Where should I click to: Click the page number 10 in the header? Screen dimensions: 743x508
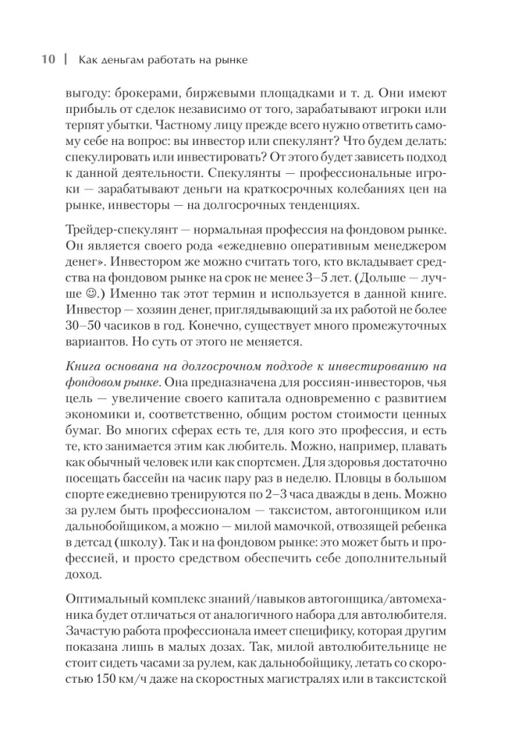[47, 61]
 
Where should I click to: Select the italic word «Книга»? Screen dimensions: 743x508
[83, 369]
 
